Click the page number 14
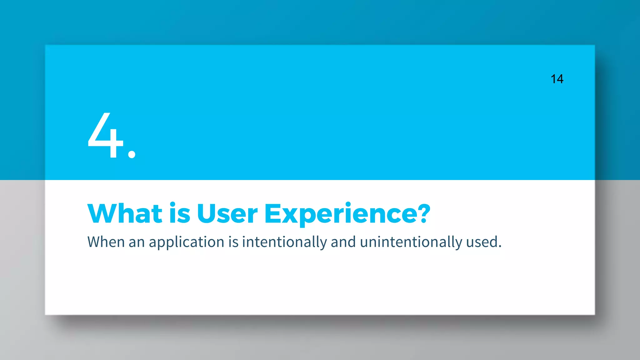point(557,79)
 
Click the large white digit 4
point(106,136)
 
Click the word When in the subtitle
point(106,242)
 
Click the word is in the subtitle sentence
point(233,242)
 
